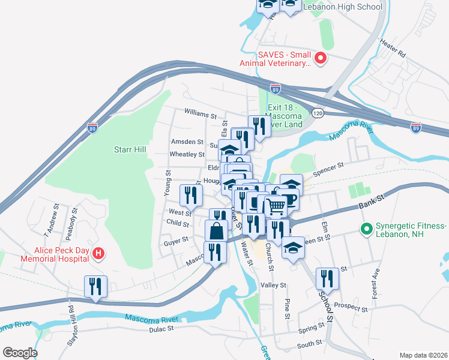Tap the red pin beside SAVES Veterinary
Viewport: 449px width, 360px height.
click(x=321, y=59)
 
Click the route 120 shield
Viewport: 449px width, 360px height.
click(x=318, y=113)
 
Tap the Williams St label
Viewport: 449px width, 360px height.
click(x=200, y=113)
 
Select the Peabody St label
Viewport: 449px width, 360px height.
click(x=74, y=220)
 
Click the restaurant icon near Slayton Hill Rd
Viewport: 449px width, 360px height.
click(x=95, y=287)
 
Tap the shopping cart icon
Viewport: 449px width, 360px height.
click(x=276, y=206)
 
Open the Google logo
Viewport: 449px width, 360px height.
click(x=19, y=353)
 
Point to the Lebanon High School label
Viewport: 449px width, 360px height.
click(x=343, y=7)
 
